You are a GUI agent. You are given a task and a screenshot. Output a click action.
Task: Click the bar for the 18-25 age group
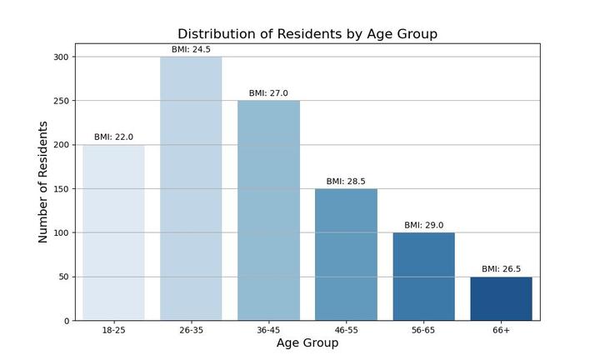pos(113,232)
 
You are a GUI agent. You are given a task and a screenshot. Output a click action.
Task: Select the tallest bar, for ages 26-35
pos(191,188)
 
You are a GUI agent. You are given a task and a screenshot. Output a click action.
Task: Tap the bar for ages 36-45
pos(268,210)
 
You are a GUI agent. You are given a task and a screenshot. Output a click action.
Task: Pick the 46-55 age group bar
pos(346,254)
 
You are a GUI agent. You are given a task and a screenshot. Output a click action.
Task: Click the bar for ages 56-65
pos(423,277)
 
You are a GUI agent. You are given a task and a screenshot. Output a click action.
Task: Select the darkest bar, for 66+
pos(501,298)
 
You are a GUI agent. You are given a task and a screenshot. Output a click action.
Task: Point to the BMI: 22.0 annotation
pos(113,137)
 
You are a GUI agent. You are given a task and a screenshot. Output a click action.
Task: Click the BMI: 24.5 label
pos(191,49)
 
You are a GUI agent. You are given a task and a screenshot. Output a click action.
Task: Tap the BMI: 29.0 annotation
pos(423,225)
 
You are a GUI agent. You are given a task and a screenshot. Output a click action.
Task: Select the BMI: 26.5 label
pos(501,269)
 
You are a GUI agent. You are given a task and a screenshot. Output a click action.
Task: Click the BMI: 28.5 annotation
pos(346,182)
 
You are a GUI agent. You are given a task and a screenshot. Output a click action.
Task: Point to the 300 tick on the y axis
pos(61,57)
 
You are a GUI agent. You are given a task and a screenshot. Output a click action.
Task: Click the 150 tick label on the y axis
pos(61,189)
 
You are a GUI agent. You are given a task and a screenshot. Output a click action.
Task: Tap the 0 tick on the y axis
pos(67,321)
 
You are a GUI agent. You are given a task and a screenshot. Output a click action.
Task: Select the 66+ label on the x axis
pos(501,330)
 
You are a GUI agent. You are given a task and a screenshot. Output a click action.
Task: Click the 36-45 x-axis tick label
pos(268,330)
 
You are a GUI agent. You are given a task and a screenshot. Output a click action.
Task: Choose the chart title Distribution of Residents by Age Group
pos(307,33)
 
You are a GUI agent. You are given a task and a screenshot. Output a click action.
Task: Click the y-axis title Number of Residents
pos(42,182)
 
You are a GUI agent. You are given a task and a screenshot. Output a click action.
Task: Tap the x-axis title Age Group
pos(307,342)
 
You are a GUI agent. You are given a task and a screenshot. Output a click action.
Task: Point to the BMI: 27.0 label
pos(268,93)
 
